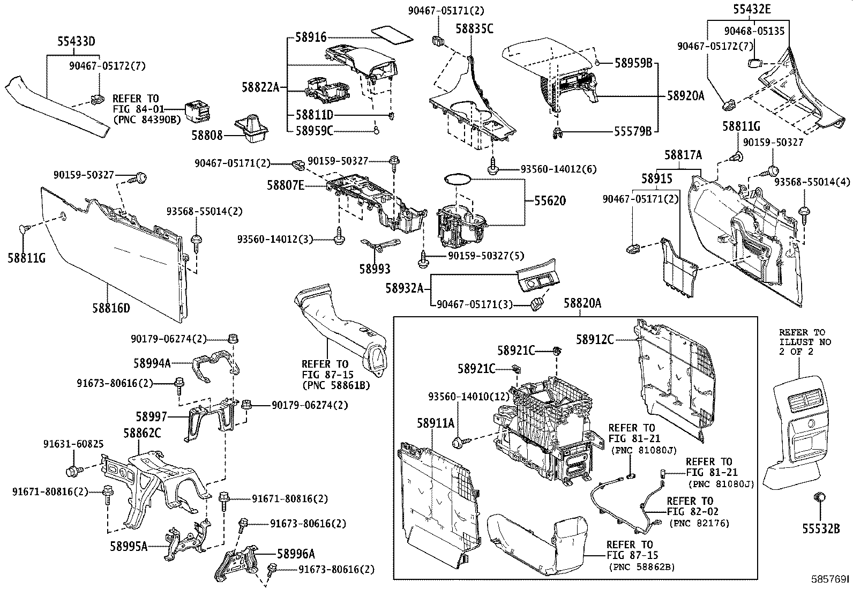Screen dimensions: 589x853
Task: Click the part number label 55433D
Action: (x=76, y=41)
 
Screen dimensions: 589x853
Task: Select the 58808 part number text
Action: (x=207, y=136)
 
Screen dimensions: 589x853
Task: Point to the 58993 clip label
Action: (x=375, y=269)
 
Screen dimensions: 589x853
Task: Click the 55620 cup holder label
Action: (x=550, y=201)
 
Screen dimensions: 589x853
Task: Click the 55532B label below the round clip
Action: (x=821, y=529)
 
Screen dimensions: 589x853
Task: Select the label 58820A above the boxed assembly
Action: (x=582, y=303)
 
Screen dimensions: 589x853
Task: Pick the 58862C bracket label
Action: (x=143, y=433)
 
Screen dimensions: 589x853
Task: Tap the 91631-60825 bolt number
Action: (x=73, y=444)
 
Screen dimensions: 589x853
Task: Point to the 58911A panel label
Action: (x=436, y=423)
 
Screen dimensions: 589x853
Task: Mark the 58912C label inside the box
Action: (x=595, y=339)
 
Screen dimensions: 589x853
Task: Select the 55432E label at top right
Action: (x=752, y=9)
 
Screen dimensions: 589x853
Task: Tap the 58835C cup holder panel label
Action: (x=475, y=28)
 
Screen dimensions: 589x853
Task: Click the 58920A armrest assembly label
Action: (x=685, y=96)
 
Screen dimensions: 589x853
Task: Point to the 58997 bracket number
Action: (x=152, y=416)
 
